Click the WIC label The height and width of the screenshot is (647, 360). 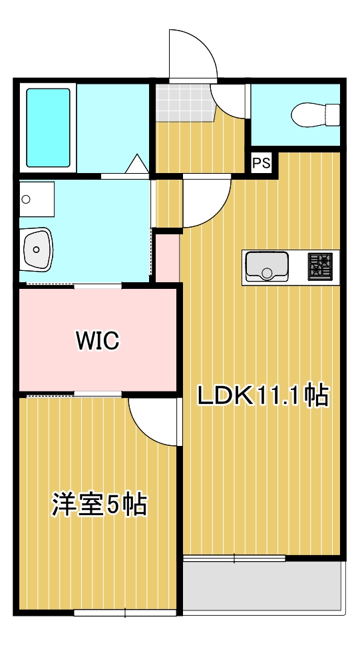click(97, 341)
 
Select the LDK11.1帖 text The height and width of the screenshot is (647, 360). click(262, 396)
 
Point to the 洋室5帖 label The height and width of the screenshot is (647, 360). click(100, 505)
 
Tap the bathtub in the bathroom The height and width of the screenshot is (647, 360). click(48, 128)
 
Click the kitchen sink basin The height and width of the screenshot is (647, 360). click(266, 266)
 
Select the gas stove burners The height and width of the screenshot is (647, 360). click(320, 266)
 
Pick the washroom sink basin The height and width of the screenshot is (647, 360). click(37, 249)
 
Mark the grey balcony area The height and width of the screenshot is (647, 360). click(263, 586)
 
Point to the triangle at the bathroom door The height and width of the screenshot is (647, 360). click(138, 164)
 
